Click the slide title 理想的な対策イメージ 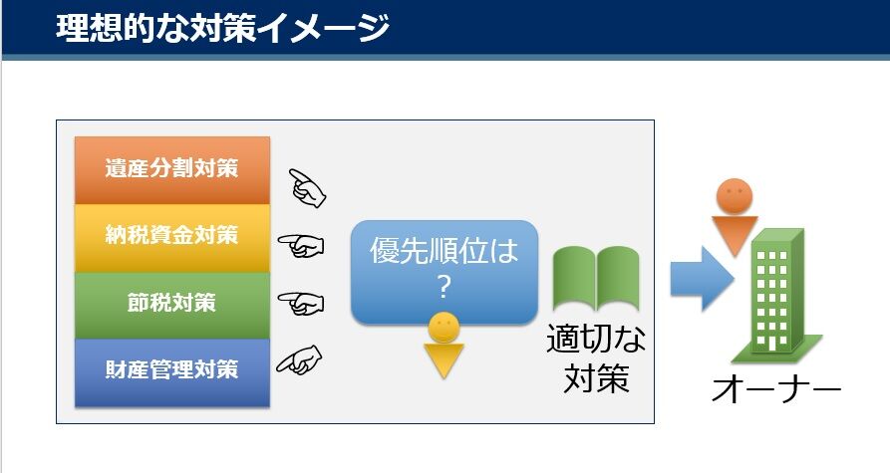[222, 27]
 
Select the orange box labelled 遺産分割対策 [172, 170]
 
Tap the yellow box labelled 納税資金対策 [172, 238]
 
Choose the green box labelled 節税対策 [172, 306]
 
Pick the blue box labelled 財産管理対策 [172, 372]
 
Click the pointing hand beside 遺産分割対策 [307, 188]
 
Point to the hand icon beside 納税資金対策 [301, 246]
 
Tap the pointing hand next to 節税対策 [301, 303]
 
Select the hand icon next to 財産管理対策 [299, 360]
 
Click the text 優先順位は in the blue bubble [444, 250]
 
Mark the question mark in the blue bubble [444, 287]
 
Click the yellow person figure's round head [444, 328]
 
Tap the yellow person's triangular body [444, 358]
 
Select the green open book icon [596, 278]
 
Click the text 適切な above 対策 [596, 339]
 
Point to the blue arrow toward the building [702, 279]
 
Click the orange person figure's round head [735, 196]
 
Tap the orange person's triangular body [735, 234]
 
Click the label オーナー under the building [776, 389]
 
